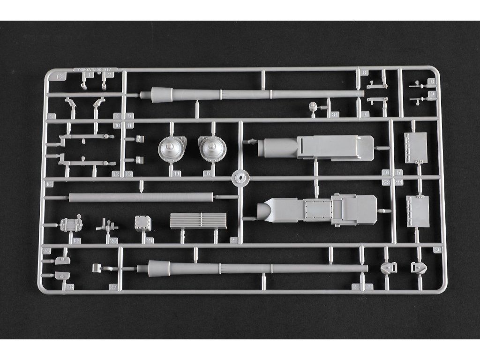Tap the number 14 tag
click(177, 173)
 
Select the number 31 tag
click(334, 114)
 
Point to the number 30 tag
click(438, 250)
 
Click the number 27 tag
click(113, 287)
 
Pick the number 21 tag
click(149, 240)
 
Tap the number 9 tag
click(432, 94)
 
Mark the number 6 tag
click(365, 73)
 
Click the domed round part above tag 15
click(212, 149)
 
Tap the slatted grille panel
click(198, 220)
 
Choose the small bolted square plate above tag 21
click(142, 223)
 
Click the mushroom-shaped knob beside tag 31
click(313, 108)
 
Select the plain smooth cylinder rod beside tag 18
click(141, 197)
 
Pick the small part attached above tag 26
click(61, 276)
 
